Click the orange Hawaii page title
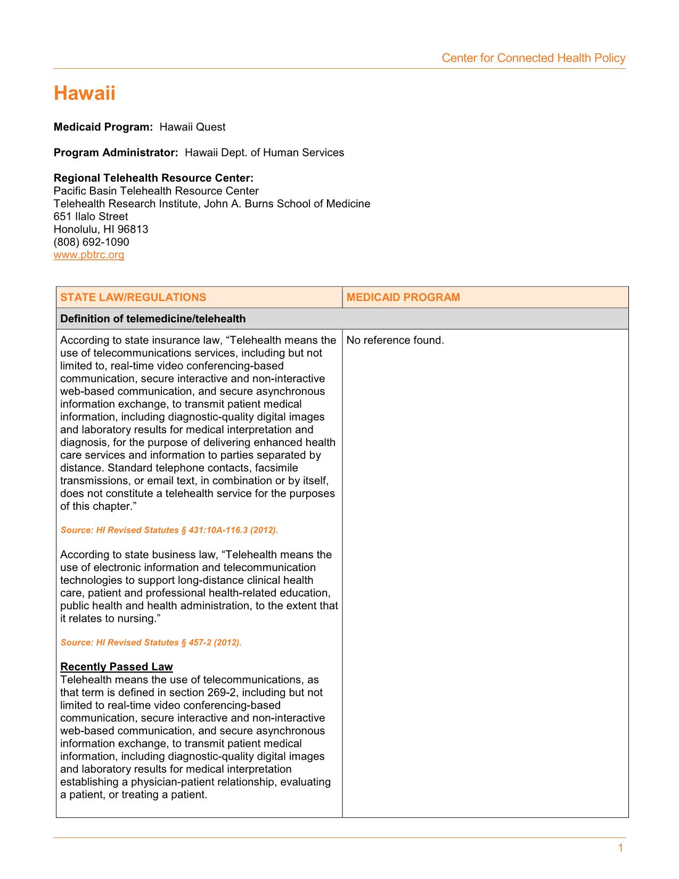pos(84,94)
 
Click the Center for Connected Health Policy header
pos(533,58)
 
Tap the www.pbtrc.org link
pos(89,255)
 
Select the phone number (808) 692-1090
pos(91,242)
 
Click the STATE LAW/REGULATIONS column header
pos(133,297)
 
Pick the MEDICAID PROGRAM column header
pos(403,297)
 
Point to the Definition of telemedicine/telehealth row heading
pos(153,319)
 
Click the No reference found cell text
pos(395,340)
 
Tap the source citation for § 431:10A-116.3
pos(169,530)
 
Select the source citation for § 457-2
pos(151,642)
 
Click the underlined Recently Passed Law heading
pos(117,666)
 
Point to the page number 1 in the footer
pos(620,848)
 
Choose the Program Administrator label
pos(116,152)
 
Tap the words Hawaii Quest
pos(192,127)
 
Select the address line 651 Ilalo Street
pos(91,216)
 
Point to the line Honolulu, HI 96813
pos(101,229)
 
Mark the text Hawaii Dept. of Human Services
pos(264,152)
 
